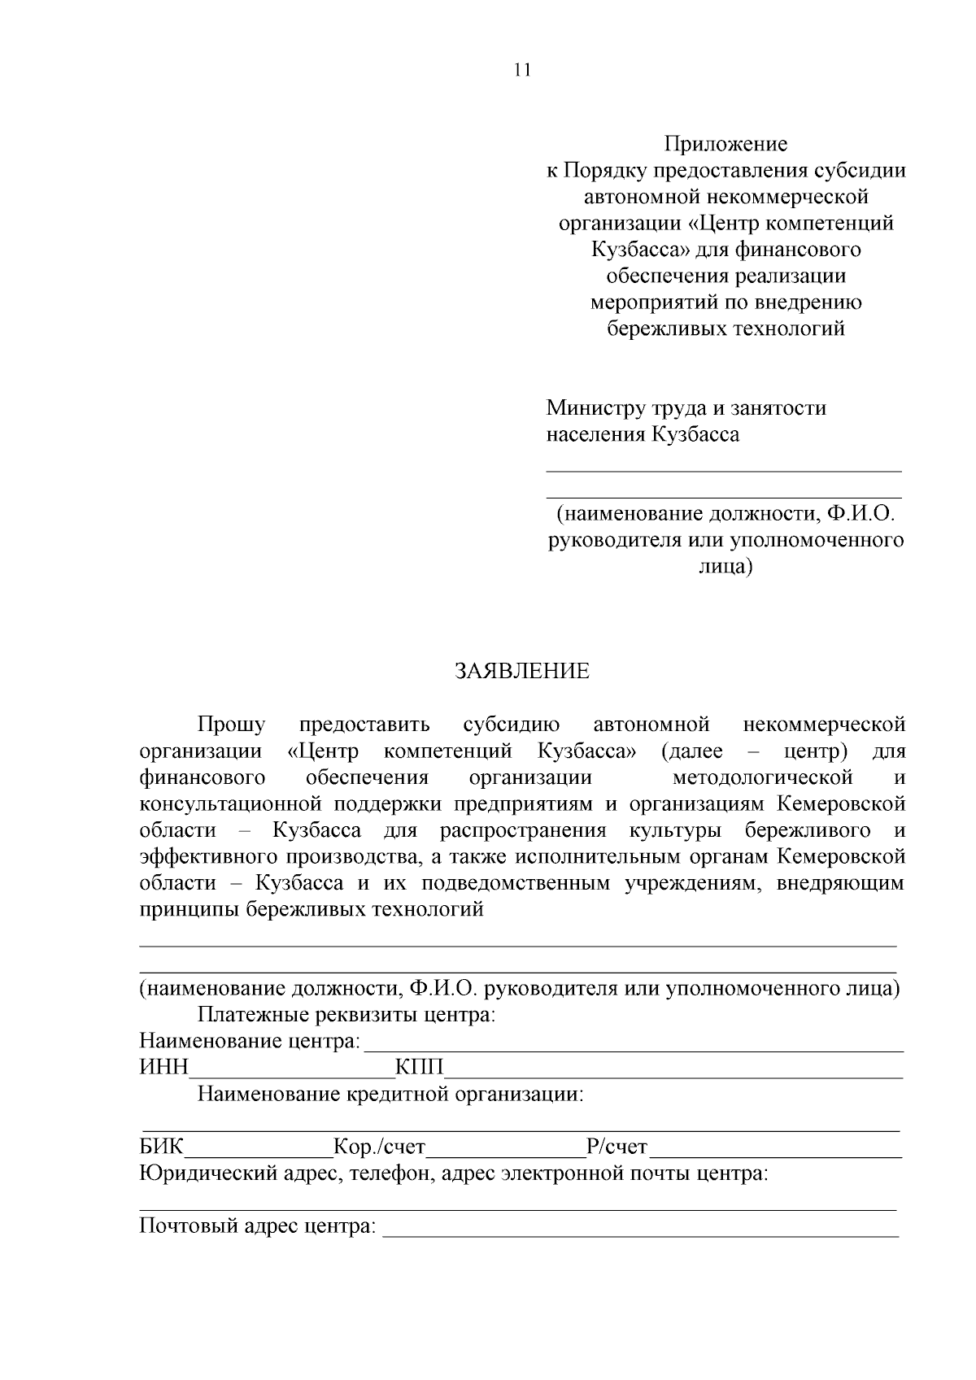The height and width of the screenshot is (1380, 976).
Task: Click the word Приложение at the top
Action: pos(725,145)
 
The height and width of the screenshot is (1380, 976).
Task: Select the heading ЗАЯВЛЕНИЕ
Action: pos(521,672)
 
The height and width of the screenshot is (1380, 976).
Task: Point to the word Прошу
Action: pos(231,725)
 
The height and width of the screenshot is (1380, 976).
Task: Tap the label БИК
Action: pos(163,1147)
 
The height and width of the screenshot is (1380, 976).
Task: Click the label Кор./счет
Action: pos(380,1147)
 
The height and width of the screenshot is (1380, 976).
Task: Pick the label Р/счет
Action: pos(617,1147)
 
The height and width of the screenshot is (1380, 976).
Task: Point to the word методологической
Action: pos(763,777)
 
